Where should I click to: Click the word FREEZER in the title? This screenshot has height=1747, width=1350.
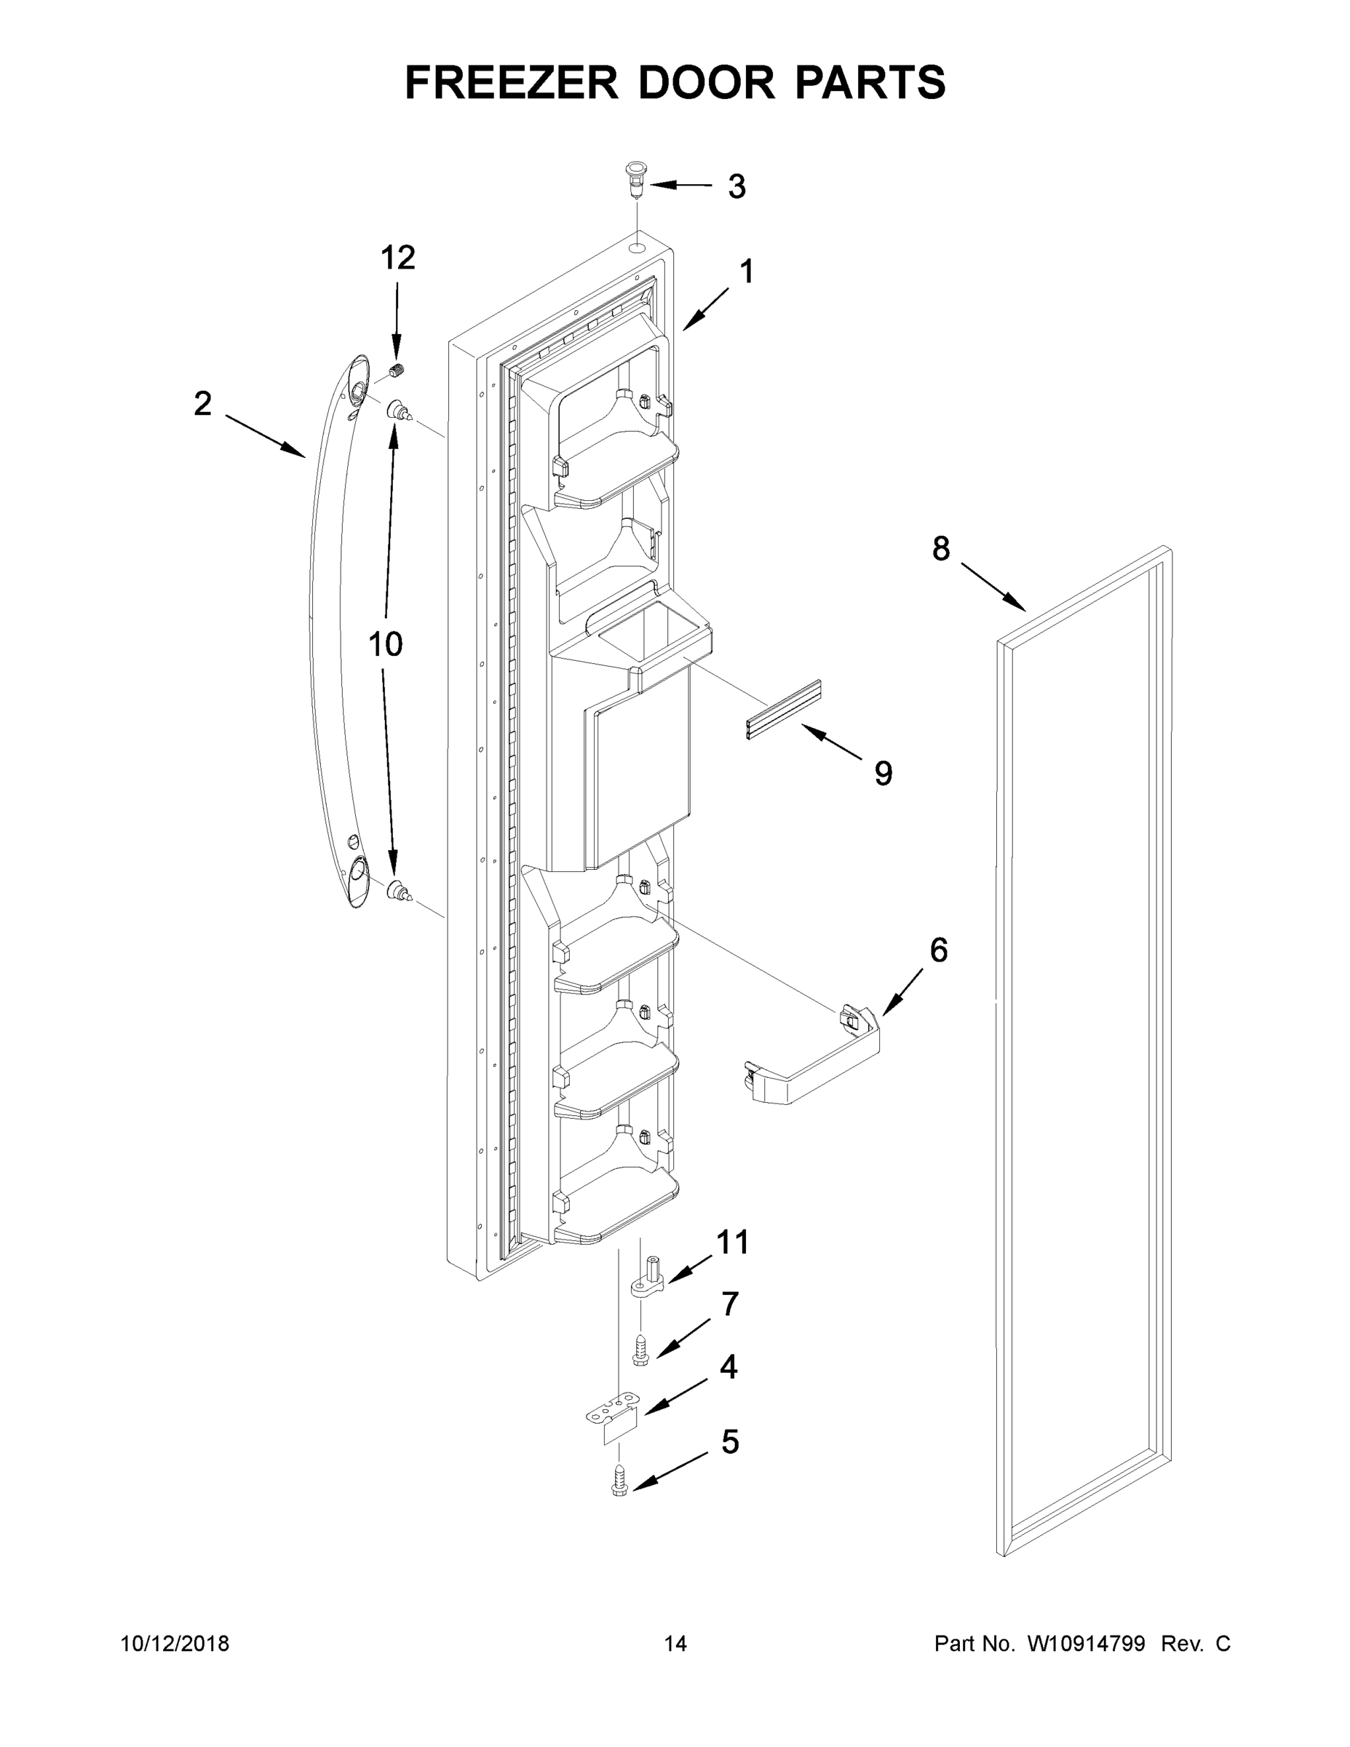pos(511,82)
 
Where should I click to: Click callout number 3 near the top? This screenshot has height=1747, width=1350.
pos(736,186)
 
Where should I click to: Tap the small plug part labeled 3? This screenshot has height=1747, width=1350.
pos(636,180)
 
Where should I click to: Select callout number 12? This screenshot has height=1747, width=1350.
pos(397,258)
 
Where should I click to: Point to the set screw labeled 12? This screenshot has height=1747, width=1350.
pos(397,371)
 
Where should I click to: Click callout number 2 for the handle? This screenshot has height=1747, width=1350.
pos(202,404)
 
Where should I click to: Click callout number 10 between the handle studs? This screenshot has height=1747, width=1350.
pos(385,644)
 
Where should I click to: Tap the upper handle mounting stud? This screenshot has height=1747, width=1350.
pos(398,413)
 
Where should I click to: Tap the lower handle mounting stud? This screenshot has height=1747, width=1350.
pos(398,890)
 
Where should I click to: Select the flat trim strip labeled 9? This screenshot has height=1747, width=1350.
pos(784,709)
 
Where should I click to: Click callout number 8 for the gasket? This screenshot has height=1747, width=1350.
pos(940,549)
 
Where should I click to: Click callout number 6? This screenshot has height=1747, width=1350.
pos(938,949)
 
